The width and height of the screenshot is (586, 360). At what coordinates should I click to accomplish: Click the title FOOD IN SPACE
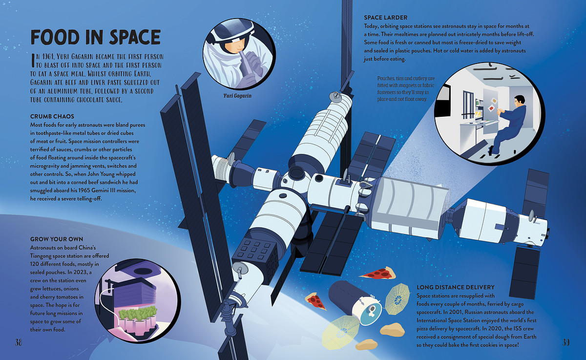(x=96, y=37)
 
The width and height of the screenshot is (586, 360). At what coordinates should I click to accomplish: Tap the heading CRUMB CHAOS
(x=52, y=116)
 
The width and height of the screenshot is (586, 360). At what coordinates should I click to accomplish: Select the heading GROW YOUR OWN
(x=57, y=239)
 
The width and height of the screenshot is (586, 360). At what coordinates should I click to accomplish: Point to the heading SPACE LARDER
(x=386, y=18)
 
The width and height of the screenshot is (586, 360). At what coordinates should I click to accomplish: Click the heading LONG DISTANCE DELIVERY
(x=456, y=287)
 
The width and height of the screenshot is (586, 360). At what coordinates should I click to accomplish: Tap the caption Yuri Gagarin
(x=237, y=96)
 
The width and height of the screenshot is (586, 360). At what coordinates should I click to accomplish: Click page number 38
(x=19, y=342)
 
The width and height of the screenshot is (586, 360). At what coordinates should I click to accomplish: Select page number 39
(x=566, y=342)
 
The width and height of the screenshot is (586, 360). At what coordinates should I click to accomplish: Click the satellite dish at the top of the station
(x=335, y=97)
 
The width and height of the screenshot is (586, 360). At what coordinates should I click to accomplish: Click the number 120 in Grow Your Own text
(x=35, y=264)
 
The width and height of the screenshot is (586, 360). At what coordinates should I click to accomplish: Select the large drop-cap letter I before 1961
(x=33, y=60)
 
